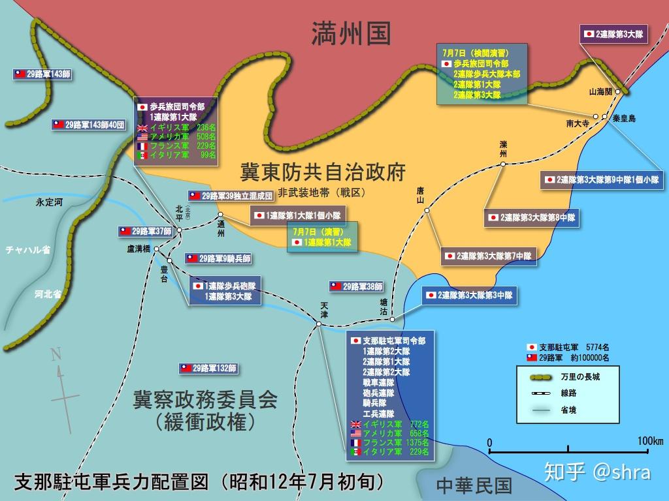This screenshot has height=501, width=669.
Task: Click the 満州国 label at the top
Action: coord(351,31)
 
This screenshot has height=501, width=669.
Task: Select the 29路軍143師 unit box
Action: coord(42,74)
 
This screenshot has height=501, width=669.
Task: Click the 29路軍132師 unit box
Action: coord(208,369)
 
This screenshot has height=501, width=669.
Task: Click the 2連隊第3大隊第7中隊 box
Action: coord(489,256)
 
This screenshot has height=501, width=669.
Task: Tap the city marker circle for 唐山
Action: coord(427,210)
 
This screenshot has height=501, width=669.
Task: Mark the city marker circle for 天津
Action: coord(319,322)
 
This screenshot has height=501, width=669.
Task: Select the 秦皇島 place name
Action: coord(624,119)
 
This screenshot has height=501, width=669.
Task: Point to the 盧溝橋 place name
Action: coord(139,249)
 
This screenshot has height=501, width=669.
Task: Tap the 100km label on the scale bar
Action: coord(649,441)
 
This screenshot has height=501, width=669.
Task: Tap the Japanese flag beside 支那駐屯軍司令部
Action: coord(356,341)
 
